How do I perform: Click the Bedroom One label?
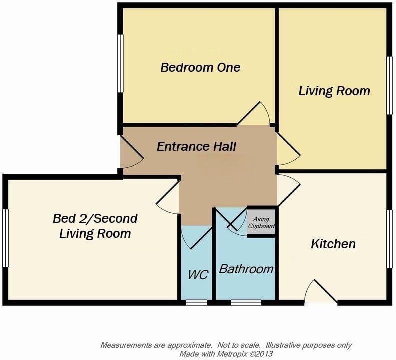(200, 67)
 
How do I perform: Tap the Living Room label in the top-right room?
(334, 91)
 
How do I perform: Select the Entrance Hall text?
(196, 147)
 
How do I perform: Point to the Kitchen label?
(333, 244)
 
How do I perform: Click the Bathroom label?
(246, 269)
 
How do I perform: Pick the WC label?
(198, 275)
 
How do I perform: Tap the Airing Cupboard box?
(262, 223)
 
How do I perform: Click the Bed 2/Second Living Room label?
(95, 226)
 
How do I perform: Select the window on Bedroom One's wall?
(120, 63)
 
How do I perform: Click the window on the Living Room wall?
(390, 85)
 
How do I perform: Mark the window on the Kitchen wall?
(390, 238)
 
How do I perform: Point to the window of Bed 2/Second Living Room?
(5, 238)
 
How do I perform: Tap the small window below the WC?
(196, 302)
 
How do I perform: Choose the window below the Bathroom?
(246, 302)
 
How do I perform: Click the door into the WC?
(195, 237)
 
